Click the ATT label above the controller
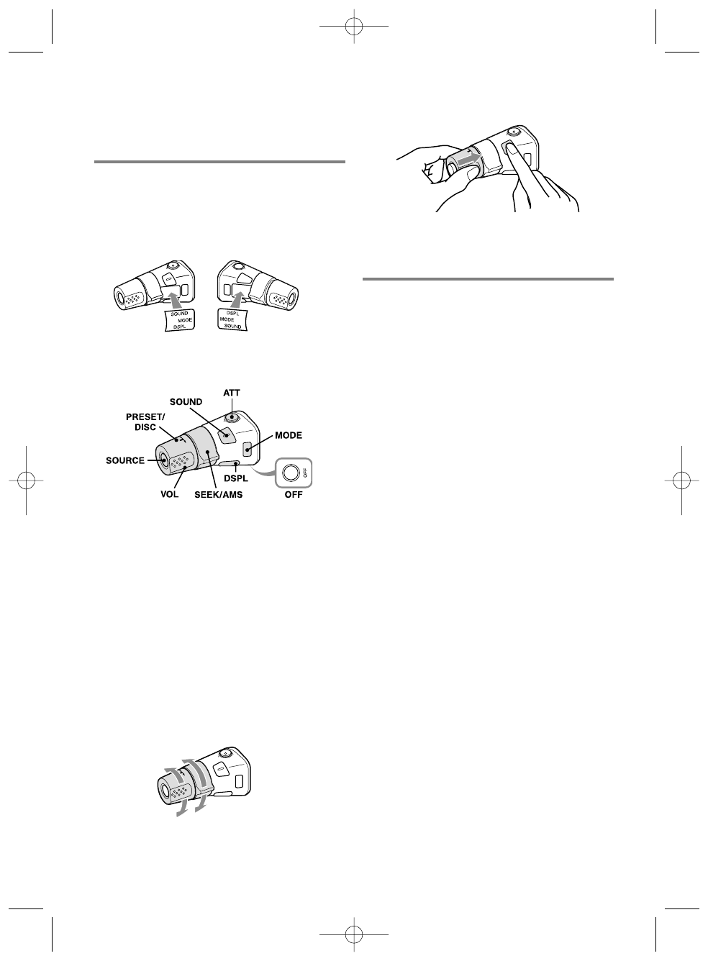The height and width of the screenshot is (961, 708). tap(232, 393)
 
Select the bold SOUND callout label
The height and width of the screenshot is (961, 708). tap(186, 402)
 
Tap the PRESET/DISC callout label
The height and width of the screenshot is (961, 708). tap(146, 422)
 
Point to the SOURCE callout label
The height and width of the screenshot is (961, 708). tap(124, 460)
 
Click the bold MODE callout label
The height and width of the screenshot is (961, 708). tap(288, 436)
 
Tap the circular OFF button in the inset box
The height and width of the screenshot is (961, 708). tap(291, 473)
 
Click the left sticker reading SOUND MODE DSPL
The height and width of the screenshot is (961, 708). tap(175, 320)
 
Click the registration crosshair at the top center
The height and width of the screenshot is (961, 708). tap(353, 27)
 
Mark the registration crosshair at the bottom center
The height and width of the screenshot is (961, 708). tap(353, 934)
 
